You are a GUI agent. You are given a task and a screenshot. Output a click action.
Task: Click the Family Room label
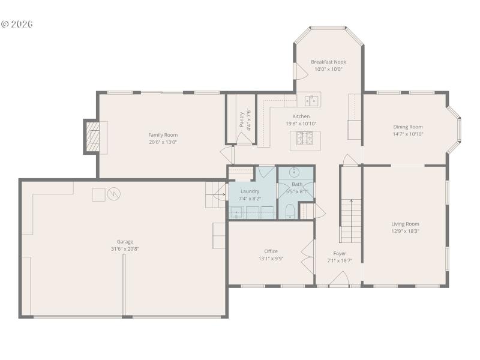(x=163, y=135)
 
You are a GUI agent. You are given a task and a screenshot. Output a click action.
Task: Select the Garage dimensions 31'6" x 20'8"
(x=125, y=249)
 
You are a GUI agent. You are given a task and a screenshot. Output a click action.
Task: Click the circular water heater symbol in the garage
(x=114, y=194)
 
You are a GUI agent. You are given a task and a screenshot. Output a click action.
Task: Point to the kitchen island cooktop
(x=305, y=141)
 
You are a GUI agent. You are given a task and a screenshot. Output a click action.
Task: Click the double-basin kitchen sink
(x=311, y=100)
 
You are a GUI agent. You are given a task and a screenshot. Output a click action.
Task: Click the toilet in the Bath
(x=289, y=210)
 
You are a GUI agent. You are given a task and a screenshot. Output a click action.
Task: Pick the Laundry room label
(x=250, y=191)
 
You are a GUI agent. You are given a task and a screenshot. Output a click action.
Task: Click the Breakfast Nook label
(x=328, y=62)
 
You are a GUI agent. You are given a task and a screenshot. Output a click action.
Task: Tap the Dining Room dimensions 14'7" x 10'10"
(x=408, y=134)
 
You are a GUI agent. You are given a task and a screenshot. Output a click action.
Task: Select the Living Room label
(x=406, y=224)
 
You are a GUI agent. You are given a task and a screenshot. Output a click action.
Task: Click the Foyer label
(x=340, y=253)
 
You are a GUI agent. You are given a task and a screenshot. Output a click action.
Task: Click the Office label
(x=271, y=251)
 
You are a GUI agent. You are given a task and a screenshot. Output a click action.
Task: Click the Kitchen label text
(x=301, y=116)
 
